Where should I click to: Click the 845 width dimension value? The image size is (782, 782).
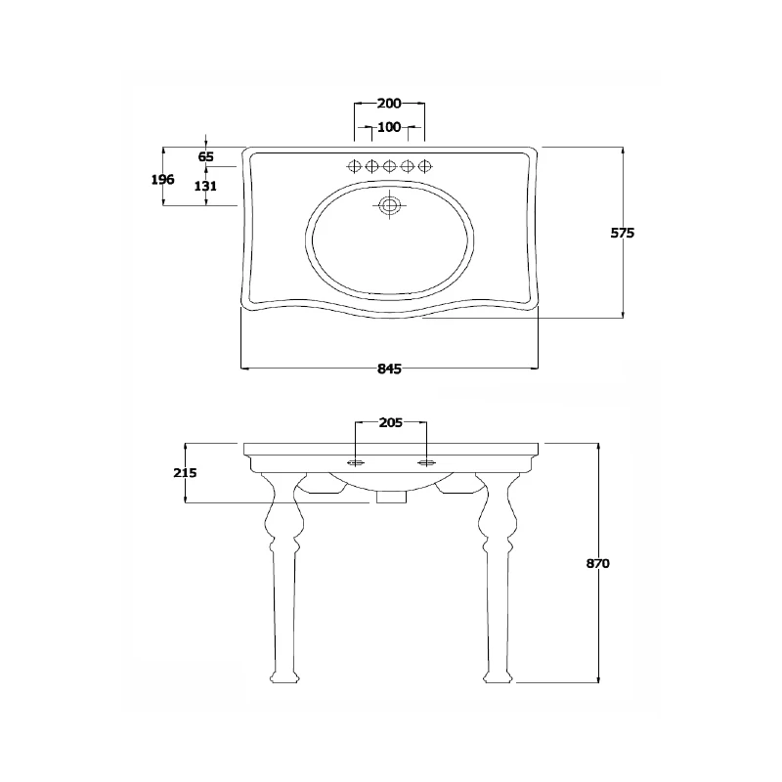389,369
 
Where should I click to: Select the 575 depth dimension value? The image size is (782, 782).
623,234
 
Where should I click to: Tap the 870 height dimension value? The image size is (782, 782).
599,564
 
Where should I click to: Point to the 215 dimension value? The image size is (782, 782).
185,473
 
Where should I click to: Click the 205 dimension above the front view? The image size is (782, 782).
390,423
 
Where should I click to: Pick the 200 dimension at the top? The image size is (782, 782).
389,104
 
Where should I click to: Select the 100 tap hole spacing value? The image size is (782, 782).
389,127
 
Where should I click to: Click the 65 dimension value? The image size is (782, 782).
206,156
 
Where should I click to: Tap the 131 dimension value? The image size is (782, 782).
206,186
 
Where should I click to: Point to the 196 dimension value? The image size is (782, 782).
163,179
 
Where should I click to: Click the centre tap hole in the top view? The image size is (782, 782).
389,166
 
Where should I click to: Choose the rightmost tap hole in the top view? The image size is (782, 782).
424,166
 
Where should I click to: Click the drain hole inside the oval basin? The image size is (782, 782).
390,206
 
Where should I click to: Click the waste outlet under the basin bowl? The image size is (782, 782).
390,498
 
